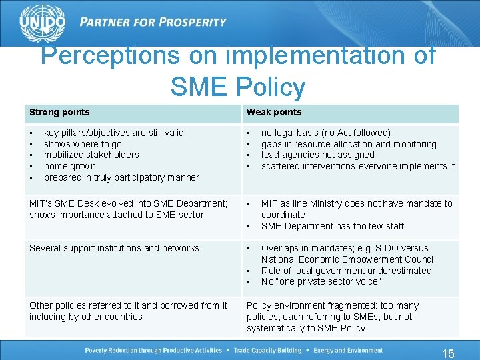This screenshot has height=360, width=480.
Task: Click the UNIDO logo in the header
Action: click(42, 23)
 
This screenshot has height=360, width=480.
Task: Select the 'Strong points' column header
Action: click(59, 112)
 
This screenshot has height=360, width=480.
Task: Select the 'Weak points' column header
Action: click(274, 112)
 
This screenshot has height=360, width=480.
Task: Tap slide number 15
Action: click(448, 353)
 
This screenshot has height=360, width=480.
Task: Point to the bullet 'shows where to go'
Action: click(83, 144)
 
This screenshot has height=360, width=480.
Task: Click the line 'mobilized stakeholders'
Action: click(91, 155)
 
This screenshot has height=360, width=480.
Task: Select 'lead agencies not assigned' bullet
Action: click(317, 155)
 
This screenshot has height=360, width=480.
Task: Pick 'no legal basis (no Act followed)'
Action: click(326, 133)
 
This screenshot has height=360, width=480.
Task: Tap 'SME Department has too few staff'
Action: click(333, 226)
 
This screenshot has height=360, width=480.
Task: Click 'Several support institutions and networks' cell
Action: click(114, 248)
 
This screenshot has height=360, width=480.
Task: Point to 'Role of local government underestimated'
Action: click(346, 271)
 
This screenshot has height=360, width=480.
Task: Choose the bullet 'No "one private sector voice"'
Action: click(321, 281)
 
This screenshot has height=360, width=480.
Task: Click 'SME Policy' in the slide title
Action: click(238, 87)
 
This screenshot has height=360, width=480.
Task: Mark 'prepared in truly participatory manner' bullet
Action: click(121, 177)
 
